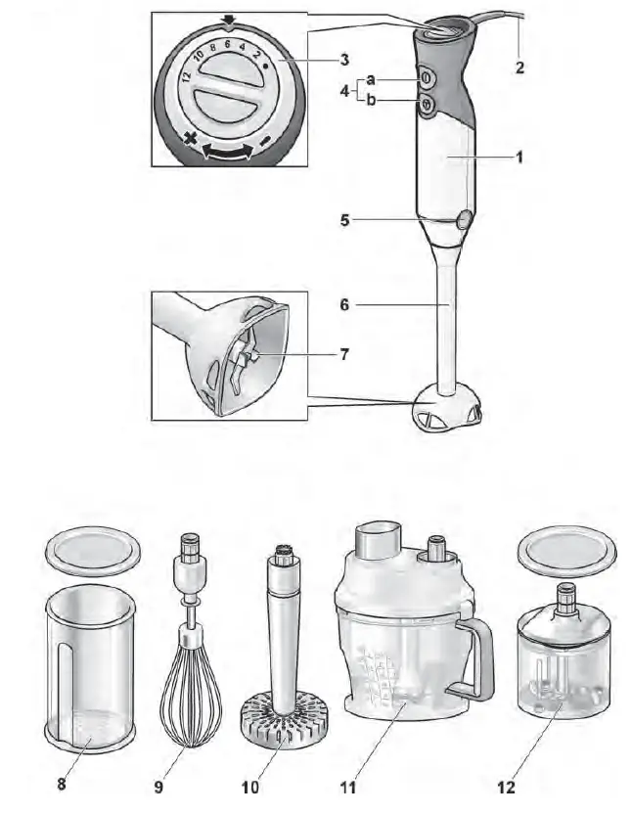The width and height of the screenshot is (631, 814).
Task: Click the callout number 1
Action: coord(519,156)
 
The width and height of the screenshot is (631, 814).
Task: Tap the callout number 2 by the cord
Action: coord(519,68)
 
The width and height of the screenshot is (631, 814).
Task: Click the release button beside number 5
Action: coord(464,220)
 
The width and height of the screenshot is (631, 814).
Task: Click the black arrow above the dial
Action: coord(228,19)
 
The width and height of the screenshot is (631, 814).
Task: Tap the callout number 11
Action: coord(347,786)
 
